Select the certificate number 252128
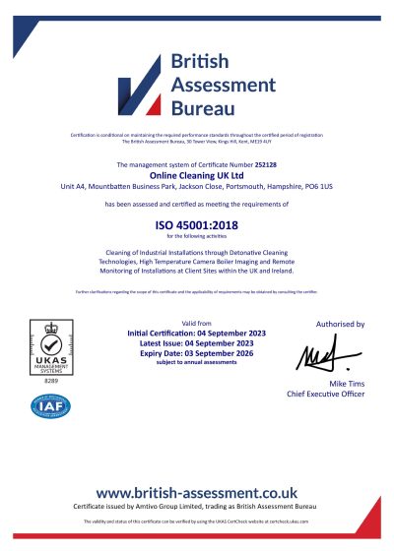pos(266,165)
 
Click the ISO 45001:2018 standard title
pos(197,224)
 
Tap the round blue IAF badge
pos(52,403)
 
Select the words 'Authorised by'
pos(340,324)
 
